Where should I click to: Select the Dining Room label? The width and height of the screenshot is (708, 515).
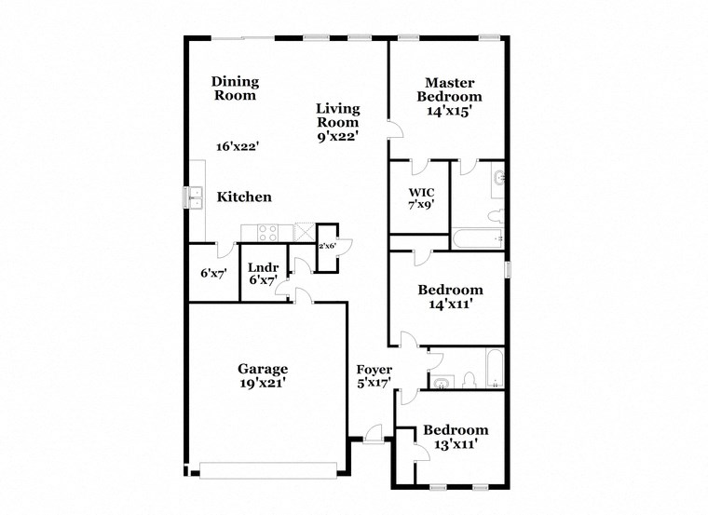[235, 88]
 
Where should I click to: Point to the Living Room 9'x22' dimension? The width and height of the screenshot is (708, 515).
[337, 136]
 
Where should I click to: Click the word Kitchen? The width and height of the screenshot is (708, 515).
[244, 197]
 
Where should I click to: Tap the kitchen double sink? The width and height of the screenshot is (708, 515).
[197, 197]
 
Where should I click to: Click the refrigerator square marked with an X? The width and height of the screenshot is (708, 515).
[305, 232]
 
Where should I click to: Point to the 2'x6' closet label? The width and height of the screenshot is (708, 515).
[327, 246]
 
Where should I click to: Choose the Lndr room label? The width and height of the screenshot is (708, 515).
[261, 267]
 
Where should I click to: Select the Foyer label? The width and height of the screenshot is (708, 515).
[374, 370]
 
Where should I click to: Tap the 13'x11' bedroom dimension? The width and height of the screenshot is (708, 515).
[456, 445]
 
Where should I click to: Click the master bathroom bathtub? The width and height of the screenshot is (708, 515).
[478, 239]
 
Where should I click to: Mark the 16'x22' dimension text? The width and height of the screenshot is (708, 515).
[237, 146]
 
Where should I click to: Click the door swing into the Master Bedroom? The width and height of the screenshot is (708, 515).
[397, 129]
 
